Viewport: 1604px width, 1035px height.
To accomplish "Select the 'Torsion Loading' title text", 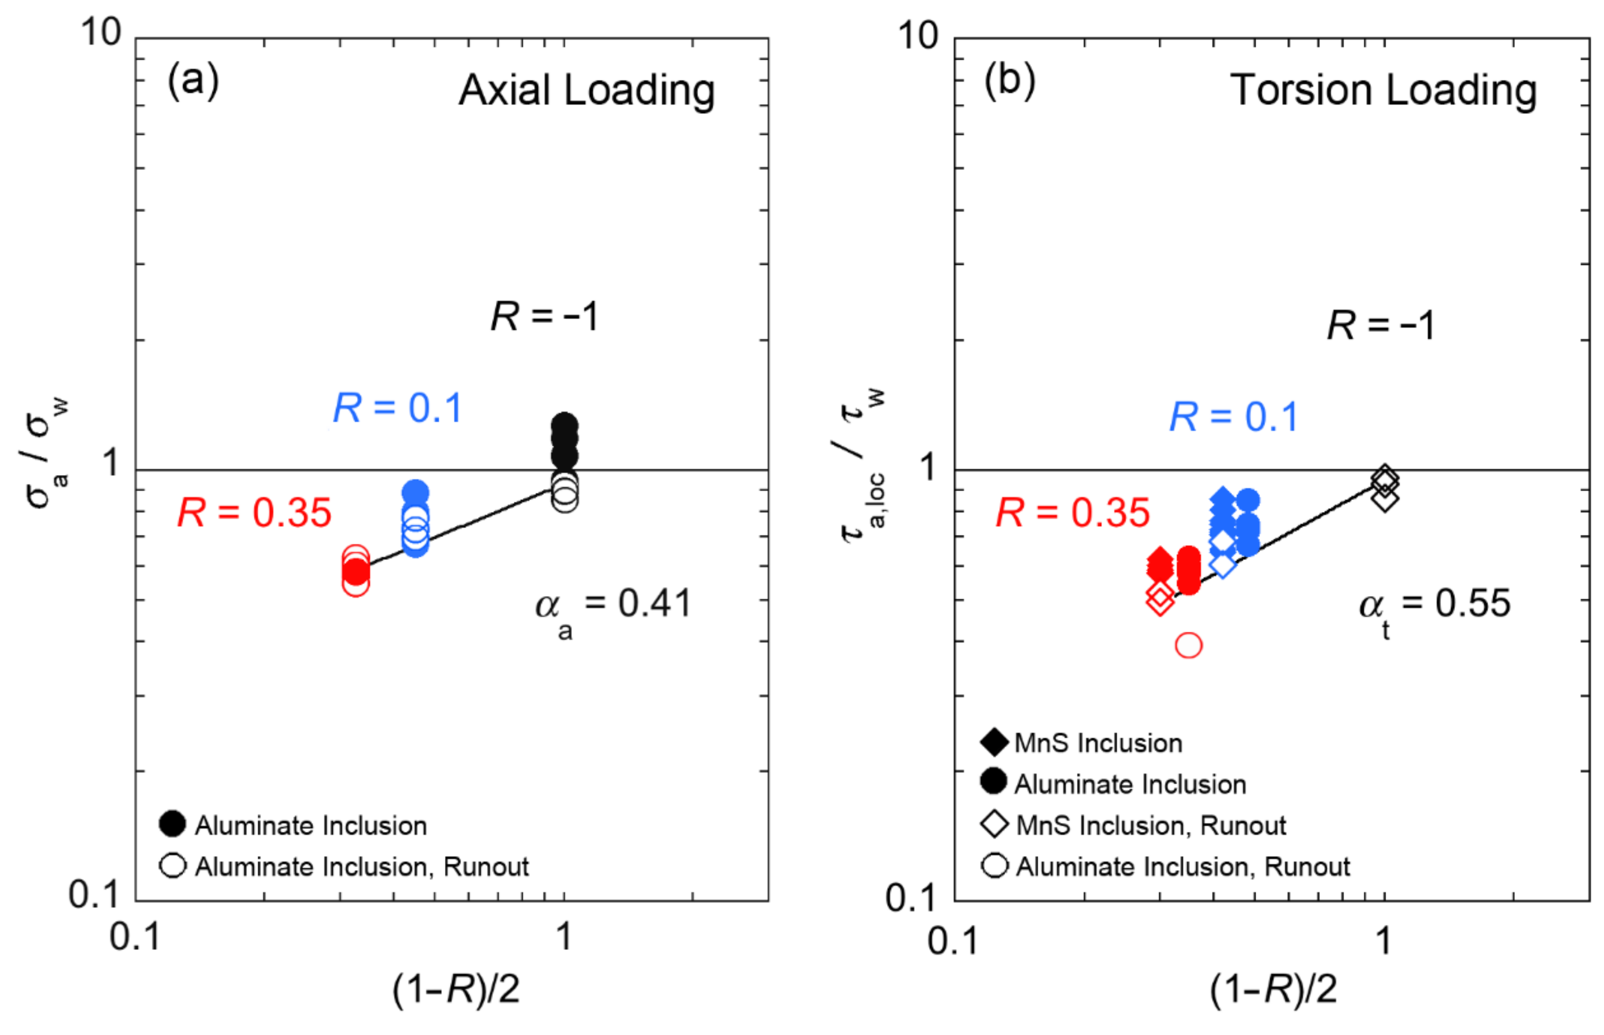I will [1383, 90].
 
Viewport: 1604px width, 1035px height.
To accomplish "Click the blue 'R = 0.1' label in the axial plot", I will [398, 408].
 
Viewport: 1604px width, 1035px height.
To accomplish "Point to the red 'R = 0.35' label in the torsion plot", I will [1073, 513].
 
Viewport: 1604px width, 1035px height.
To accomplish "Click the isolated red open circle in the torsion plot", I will [1189, 645].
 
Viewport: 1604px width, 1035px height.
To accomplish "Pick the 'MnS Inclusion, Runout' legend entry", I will [1150, 825].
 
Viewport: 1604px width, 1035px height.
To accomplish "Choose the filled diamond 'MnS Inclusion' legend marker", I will [994, 742].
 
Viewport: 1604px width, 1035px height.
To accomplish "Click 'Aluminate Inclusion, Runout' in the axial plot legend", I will [361, 867].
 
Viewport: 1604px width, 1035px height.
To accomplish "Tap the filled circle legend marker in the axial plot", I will [173, 824].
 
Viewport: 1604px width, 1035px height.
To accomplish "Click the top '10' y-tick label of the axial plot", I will [101, 32].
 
